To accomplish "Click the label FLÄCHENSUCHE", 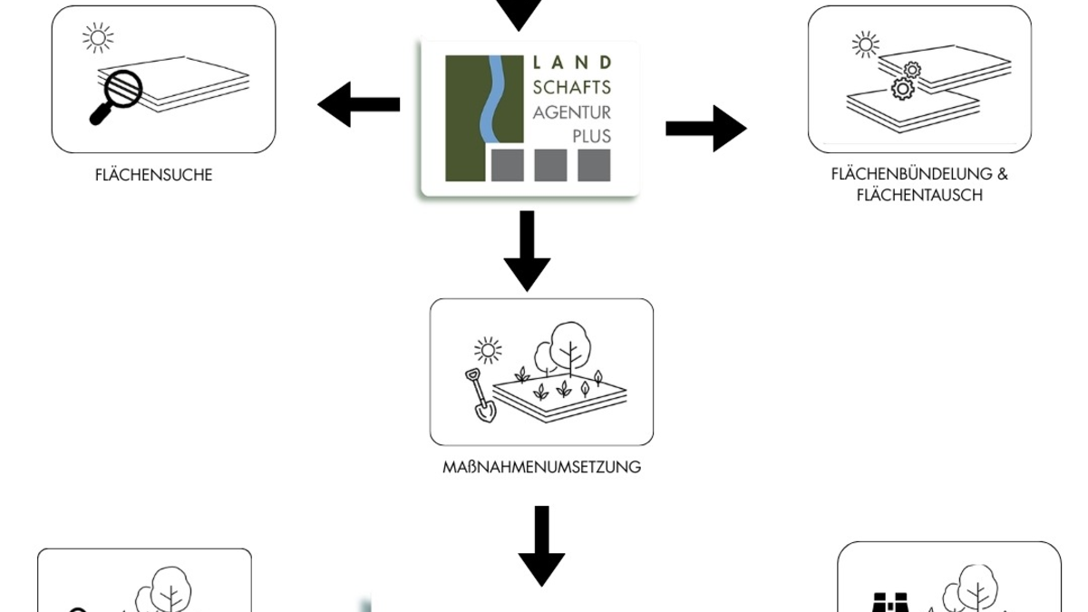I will [153, 175].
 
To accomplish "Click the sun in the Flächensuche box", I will [97, 38].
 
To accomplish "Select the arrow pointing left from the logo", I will [358, 104].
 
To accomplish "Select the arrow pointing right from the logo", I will [706, 129].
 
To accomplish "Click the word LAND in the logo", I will [571, 63].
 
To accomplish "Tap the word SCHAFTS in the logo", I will [571, 87].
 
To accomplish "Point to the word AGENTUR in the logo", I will [571, 112].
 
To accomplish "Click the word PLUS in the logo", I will [591, 136].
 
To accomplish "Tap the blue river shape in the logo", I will [495, 100].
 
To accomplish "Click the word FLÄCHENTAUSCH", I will [918, 195].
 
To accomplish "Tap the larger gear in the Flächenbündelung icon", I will [902, 89].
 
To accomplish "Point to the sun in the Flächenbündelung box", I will [866, 44].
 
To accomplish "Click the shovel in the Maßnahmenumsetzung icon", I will [481, 396].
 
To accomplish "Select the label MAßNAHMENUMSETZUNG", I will [541, 468].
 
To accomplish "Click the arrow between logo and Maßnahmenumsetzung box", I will [527, 249].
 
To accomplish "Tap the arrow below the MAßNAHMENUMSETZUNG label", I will [541, 546].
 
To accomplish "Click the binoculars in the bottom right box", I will [889, 603].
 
